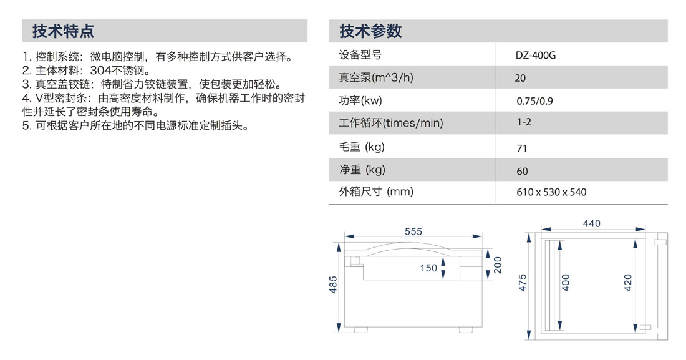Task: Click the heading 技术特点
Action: [63, 31]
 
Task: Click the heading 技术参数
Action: [370, 31]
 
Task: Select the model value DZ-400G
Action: [536, 56]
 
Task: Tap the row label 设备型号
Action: [360, 55]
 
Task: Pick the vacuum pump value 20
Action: [520, 79]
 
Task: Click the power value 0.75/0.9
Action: [534, 101]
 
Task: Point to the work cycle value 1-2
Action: [524, 122]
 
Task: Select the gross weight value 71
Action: [521, 148]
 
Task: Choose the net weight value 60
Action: [522, 171]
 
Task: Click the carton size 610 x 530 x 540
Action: [551, 192]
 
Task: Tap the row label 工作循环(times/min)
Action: [390, 123]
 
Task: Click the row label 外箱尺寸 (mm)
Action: [376, 192]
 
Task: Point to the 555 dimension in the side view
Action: [413, 231]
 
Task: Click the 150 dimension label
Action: [428, 268]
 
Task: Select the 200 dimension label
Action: [498, 265]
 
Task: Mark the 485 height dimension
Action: [334, 285]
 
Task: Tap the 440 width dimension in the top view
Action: [591, 224]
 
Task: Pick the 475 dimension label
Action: [523, 283]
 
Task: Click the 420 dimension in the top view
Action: [628, 283]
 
